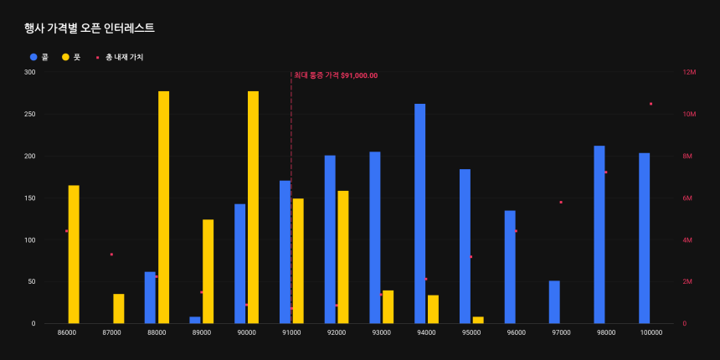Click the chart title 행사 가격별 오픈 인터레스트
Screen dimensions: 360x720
pos(90,28)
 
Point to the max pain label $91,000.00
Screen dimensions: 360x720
pos(336,75)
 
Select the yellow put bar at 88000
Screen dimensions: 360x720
pos(164,207)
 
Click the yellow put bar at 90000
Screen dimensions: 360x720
pos(253,207)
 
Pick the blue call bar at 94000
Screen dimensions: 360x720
pos(420,213)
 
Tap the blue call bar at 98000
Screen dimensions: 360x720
pos(599,234)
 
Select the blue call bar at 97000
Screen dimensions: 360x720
pos(554,302)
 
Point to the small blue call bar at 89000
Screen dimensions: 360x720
pos(195,320)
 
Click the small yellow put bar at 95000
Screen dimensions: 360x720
pos(478,320)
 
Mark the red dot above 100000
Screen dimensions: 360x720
pos(651,104)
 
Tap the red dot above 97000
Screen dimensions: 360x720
pos(561,202)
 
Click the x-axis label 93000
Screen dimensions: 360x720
pos(381,332)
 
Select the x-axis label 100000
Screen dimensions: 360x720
pos(651,332)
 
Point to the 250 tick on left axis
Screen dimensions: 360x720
pos(29,115)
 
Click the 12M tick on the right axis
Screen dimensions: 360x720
pos(690,73)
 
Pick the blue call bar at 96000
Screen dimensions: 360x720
pos(510,267)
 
